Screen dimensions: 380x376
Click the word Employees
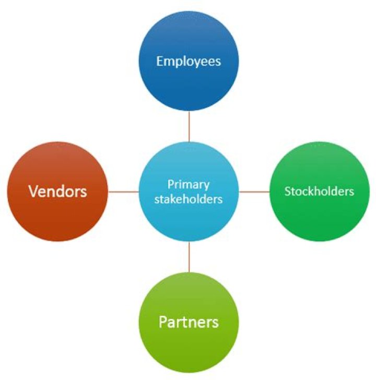(x=189, y=62)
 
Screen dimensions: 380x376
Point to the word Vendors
(x=58, y=192)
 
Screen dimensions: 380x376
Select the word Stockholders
(x=319, y=192)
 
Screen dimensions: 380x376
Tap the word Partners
(x=189, y=322)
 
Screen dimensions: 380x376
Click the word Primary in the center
(x=189, y=184)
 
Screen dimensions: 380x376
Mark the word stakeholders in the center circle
(x=189, y=199)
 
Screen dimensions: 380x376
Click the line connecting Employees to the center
(x=189, y=126)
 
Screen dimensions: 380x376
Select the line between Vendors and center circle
(x=123, y=192)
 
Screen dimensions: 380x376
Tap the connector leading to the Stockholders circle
(x=254, y=192)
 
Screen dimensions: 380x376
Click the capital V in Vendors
(x=33, y=192)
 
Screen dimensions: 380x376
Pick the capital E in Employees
(x=159, y=62)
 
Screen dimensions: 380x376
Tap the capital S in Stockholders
(x=287, y=192)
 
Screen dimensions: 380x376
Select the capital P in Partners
(x=162, y=322)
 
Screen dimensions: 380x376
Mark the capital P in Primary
(x=170, y=184)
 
